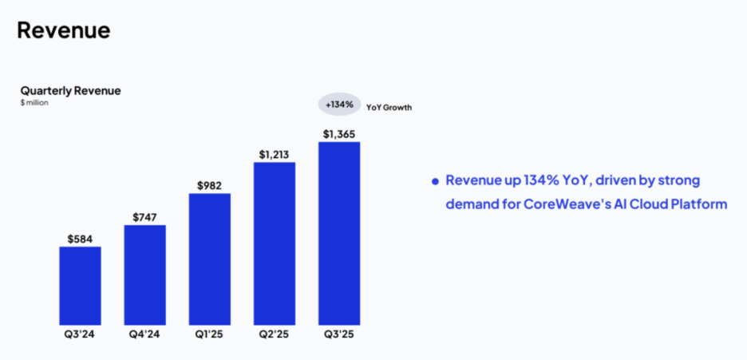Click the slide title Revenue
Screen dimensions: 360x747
pyautogui.click(x=63, y=30)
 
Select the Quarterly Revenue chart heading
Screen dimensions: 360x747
pyautogui.click(x=70, y=91)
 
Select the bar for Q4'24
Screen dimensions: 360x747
pyautogui.click(x=144, y=275)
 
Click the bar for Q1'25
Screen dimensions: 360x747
pyautogui.click(x=209, y=259)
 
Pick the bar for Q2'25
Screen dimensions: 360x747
pyautogui.click(x=274, y=243)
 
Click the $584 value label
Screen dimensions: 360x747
pyautogui.click(x=80, y=238)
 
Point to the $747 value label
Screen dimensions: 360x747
pyautogui.click(x=144, y=216)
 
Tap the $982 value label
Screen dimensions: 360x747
pyautogui.click(x=209, y=185)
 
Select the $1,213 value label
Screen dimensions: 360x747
pyautogui.click(x=274, y=154)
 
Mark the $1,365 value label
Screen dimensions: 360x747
pyautogui.click(x=338, y=133)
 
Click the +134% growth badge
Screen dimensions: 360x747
pyautogui.click(x=338, y=105)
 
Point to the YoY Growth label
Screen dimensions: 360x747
pyautogui.click(x=389, y=106)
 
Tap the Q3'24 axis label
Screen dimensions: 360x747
pyautogui.click(x=80, y=334)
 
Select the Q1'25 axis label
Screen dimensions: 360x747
pyautogui.click(x=209, y=334)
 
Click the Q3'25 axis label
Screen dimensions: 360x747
pyautogui.click(x=338, y=334)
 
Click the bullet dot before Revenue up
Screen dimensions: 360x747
pyautogui.click(x=435, y=182)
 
